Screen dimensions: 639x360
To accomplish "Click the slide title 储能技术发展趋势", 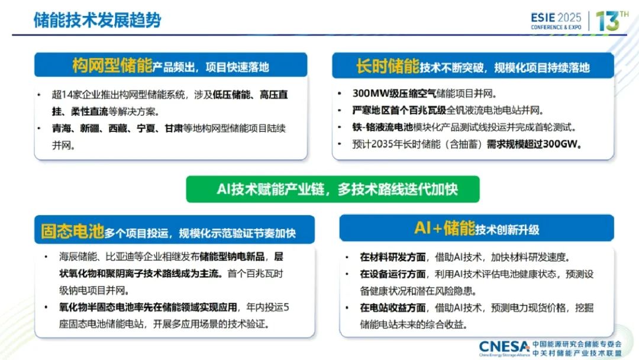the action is click(x=97, y=20).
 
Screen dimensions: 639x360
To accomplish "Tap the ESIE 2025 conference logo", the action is click(x=556, y=20).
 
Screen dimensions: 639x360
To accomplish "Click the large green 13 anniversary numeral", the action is click(x=608, y=21).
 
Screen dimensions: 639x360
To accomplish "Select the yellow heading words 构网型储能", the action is click(x=112, y=65).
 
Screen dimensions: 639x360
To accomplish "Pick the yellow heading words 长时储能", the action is click(x=388, y=66).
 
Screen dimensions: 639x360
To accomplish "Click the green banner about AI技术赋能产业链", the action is click(x=333, y=189).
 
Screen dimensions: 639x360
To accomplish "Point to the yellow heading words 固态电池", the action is click(x=73, y=231).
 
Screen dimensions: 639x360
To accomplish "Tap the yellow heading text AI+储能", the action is click(x=444, y=228).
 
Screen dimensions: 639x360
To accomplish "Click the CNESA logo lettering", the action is click(x=505, y=347).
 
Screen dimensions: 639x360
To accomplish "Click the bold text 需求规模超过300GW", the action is click(x=534, y=144).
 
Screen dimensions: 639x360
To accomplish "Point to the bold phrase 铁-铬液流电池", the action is click(x=383, y=127).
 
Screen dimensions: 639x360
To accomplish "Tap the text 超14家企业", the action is click(x=76, y=95).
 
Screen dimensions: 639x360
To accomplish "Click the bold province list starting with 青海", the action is click(x=117, y=128).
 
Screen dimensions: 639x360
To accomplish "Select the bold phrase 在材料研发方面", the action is click(x=392, y=257).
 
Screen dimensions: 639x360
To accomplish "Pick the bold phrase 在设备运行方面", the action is click(x=392, y=274).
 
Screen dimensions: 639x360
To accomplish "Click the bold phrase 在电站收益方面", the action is click(x=392, y=307).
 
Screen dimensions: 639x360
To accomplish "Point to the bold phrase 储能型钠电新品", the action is click(x=232, y=256).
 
